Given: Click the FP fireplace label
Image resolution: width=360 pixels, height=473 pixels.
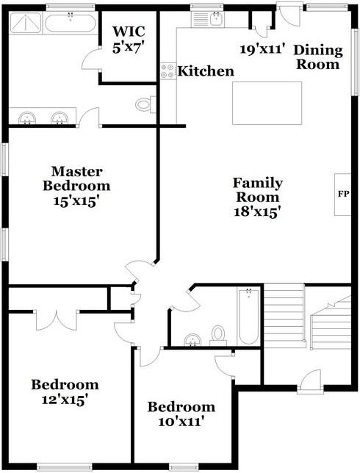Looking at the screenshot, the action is [x=343, y=194].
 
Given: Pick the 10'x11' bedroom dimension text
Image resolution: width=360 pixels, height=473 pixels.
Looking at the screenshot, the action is [x=181, y=422].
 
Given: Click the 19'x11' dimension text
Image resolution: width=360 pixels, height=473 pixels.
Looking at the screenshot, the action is [x=262, y=49].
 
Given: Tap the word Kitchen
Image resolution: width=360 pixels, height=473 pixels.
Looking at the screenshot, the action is [x=206, y=71].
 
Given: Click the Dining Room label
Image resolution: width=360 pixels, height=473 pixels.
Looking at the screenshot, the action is [x=318, y=57].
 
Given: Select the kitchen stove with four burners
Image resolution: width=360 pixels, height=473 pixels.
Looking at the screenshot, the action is [x=168, y=71].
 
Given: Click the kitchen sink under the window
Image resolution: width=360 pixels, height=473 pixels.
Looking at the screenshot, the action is [x=216, y=19].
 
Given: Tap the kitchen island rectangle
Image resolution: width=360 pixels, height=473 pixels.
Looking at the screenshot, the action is [x=267, y=103].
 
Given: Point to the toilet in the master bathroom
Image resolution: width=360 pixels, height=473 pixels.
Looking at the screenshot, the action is [x=145, y=104].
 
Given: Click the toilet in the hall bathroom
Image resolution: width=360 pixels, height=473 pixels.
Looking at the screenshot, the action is [x=218, y=336].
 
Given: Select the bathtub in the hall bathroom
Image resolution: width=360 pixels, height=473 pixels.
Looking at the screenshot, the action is [x=248, y=317].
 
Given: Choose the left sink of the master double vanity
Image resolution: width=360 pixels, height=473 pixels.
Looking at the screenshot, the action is [x=27, y=118].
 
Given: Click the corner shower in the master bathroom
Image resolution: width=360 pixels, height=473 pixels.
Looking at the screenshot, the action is [x=25, y=23].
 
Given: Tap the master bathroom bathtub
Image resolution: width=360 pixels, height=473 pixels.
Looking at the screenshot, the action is [x=71, y=23].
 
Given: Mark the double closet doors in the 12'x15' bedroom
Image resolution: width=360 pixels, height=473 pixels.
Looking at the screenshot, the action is [x=57, y=320].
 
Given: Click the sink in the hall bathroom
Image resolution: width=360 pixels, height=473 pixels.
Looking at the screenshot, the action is [x=192, y=340].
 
